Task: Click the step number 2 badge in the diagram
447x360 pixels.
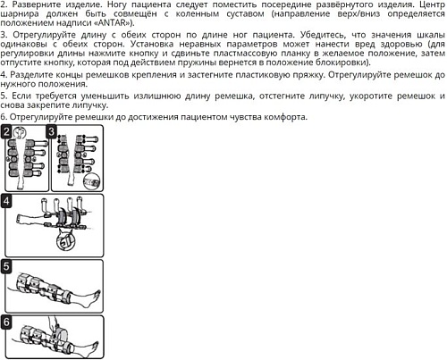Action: coord(7,132)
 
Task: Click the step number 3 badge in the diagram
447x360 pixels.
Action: coord(51,132)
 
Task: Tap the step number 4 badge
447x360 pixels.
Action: coord(7,201)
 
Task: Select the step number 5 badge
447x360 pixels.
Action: coord(7,266)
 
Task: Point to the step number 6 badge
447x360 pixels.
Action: coord(7,322)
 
